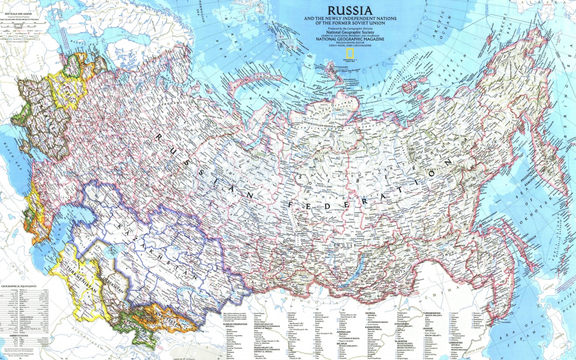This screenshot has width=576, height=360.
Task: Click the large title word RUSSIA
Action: (x=350, y=11)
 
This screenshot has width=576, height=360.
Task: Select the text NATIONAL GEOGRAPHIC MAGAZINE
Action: (x=350, y=39)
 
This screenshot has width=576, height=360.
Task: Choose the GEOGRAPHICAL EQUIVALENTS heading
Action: (x=19, y=286)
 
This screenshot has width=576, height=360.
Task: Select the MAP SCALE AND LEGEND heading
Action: (x=18, y=14)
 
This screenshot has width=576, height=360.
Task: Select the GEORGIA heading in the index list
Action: (x=370, y=313)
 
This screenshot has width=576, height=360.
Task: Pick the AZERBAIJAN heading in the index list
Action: (x=343, y=332)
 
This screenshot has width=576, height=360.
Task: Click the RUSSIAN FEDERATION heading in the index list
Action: (x=235, y=324)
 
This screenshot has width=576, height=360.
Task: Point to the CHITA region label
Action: (x=398, y=272)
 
